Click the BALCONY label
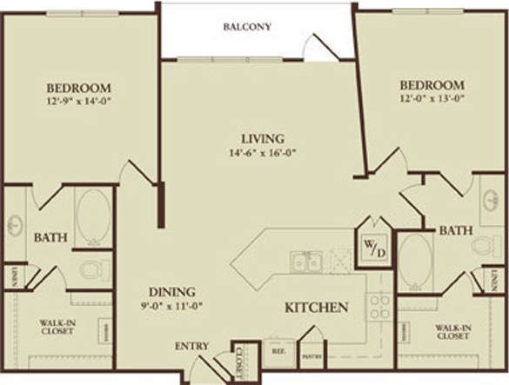(x=248, y=27)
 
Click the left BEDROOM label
(x=78, y=88)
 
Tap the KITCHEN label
(x=318, y=308)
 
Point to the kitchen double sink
(x=307, y=261)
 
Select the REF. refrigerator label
(x=278, y=352)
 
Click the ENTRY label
(x=191, y=346)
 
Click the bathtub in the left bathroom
(x=92, y=214)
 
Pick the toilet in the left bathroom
(x=91, y=270)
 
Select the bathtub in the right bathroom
(x=415, y=258)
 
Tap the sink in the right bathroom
(x=491, y=200)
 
